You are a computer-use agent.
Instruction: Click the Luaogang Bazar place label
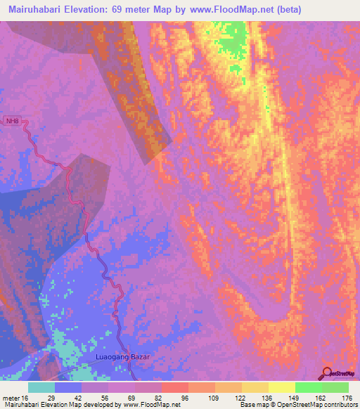click(x=123, y=358)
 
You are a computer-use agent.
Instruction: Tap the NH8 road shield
click(x=12, y=121)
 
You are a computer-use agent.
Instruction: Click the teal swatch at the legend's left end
click(x=41, y=387)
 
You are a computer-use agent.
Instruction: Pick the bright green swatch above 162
click(x=307, y=387)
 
